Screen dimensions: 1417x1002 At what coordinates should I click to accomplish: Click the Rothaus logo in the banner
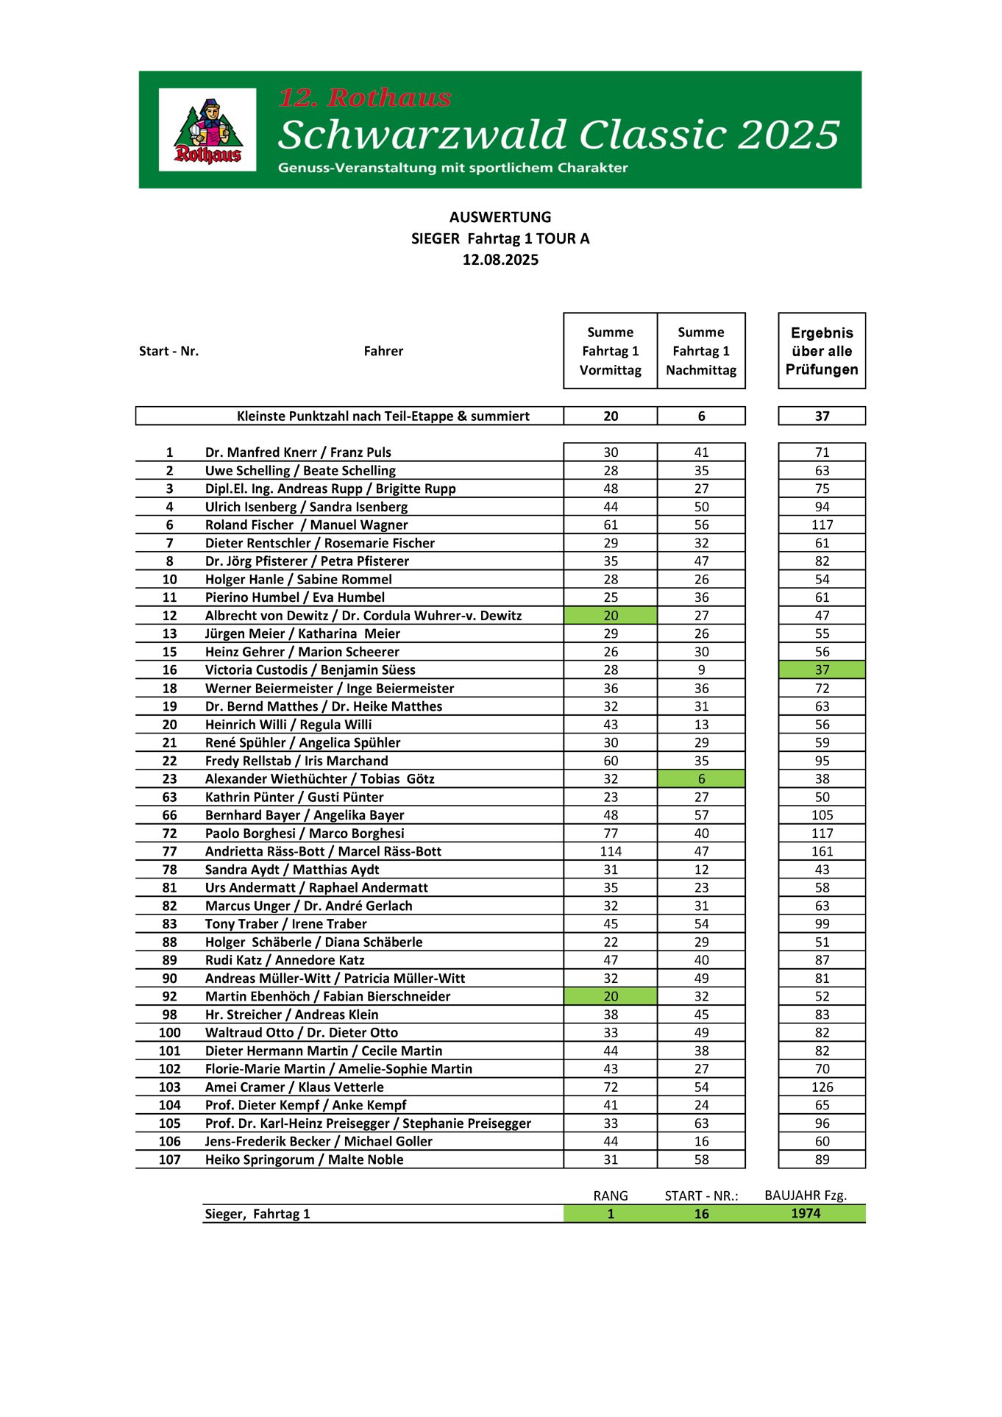click(207, 130)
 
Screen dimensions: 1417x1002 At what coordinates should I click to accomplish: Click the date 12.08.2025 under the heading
click(500, 260)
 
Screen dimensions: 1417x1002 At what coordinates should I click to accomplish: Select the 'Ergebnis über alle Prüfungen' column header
click(822, 351)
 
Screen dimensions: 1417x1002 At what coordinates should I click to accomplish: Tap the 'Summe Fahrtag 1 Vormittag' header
click(610, 351)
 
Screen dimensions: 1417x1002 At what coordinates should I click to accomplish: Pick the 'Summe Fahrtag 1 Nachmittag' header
click(701, 351)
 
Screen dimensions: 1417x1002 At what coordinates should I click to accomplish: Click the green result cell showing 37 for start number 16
click(822, 670)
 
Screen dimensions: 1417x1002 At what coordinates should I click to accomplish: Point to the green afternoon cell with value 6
click(701, 779)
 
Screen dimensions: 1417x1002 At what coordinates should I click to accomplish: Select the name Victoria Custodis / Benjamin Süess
click(310, 670)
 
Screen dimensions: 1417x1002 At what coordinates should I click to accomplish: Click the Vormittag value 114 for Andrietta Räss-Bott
click(611, 851)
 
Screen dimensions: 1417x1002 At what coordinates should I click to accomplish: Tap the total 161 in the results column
click(822, 851)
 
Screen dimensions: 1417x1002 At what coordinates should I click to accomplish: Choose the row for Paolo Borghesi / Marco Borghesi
click(305, 834)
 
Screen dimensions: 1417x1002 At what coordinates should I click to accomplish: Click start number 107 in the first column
click(169, 1159)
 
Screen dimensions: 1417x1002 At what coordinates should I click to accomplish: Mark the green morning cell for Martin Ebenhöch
click(611, 996)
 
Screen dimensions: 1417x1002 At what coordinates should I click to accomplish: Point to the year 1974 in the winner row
click(806, 1214)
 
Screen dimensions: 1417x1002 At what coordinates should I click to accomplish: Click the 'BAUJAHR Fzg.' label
click(806, 1196)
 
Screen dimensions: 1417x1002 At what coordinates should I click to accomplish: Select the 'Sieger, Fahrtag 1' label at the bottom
click(257, 1214)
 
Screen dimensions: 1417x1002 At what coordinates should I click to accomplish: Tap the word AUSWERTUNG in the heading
click(500, 217)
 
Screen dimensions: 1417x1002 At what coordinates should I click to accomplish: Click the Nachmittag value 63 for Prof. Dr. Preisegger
click(701, 1123)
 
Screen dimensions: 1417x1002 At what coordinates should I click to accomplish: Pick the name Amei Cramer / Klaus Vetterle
click(294, 1087)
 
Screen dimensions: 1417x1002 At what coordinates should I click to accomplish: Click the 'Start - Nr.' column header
click(168, 351)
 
